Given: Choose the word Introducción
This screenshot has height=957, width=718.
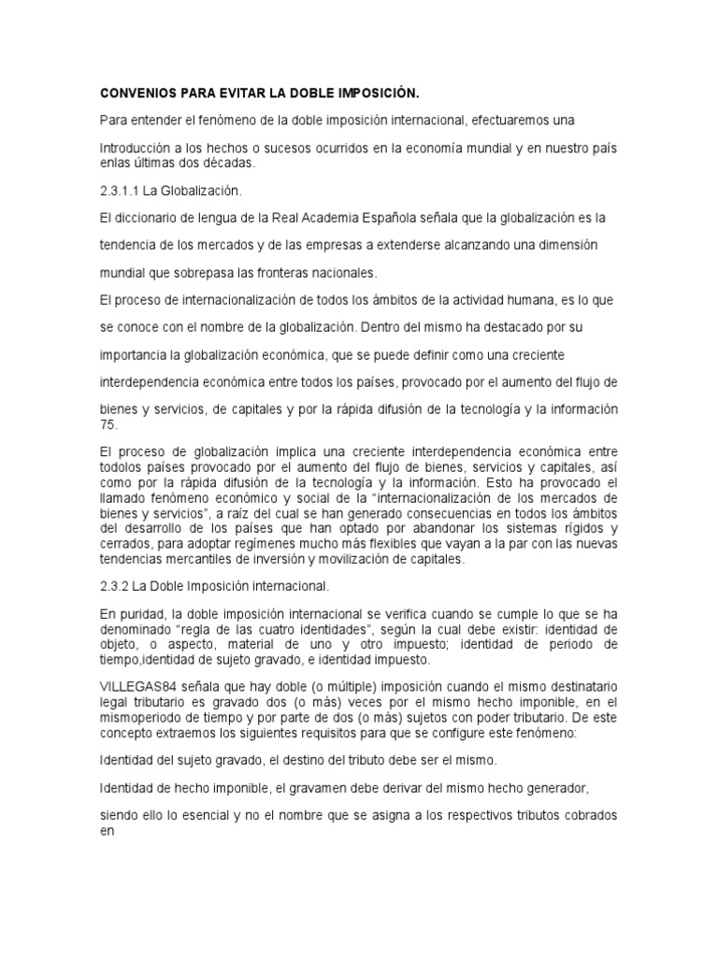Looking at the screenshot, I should [x=137, y=150].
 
